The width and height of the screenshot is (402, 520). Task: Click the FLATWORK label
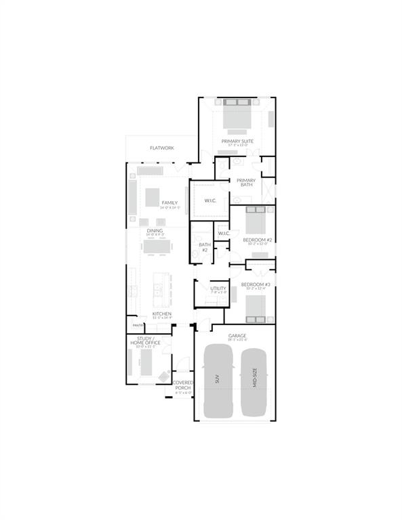click(162, 148)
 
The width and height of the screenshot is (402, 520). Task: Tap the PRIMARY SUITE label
click(237, 141)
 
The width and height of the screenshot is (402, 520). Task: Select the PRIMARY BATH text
click(245, 182)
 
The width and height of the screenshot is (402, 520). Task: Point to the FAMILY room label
click(169, 203)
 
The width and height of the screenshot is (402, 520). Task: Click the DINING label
click(155, 230)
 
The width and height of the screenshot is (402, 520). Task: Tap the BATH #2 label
click(204, 247)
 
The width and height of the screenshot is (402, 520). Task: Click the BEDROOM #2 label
click(256, 240)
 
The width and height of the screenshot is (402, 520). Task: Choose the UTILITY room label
click(218, 288)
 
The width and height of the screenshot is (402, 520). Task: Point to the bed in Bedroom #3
click(255, 308)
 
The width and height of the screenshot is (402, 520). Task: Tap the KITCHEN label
click(161, 314)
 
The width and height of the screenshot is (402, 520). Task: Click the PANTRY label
click(138, 326)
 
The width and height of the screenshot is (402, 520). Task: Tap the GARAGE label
click(237, 336)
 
